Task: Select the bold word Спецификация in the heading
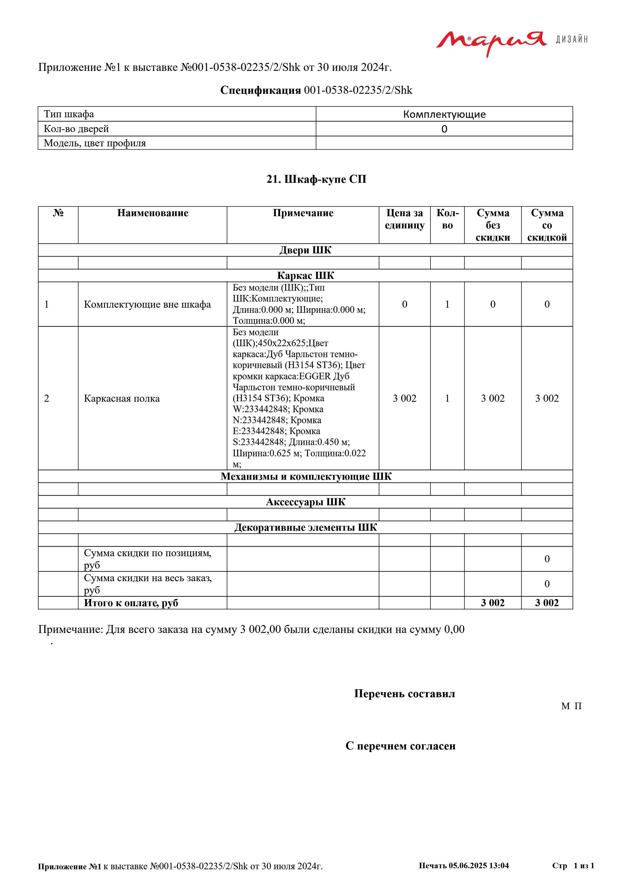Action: (260, 90)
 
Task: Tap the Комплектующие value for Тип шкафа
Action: (444, 114)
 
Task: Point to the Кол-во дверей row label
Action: (76, 129)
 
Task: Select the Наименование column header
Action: (153, 213)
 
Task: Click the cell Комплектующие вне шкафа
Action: (147, 304)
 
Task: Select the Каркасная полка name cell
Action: (122, 398)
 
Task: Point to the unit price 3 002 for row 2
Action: (404, 398)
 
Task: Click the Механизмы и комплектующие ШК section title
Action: (306, 477)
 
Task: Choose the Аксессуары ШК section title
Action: (306, 502)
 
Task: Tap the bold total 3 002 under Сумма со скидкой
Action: (547, 603)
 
